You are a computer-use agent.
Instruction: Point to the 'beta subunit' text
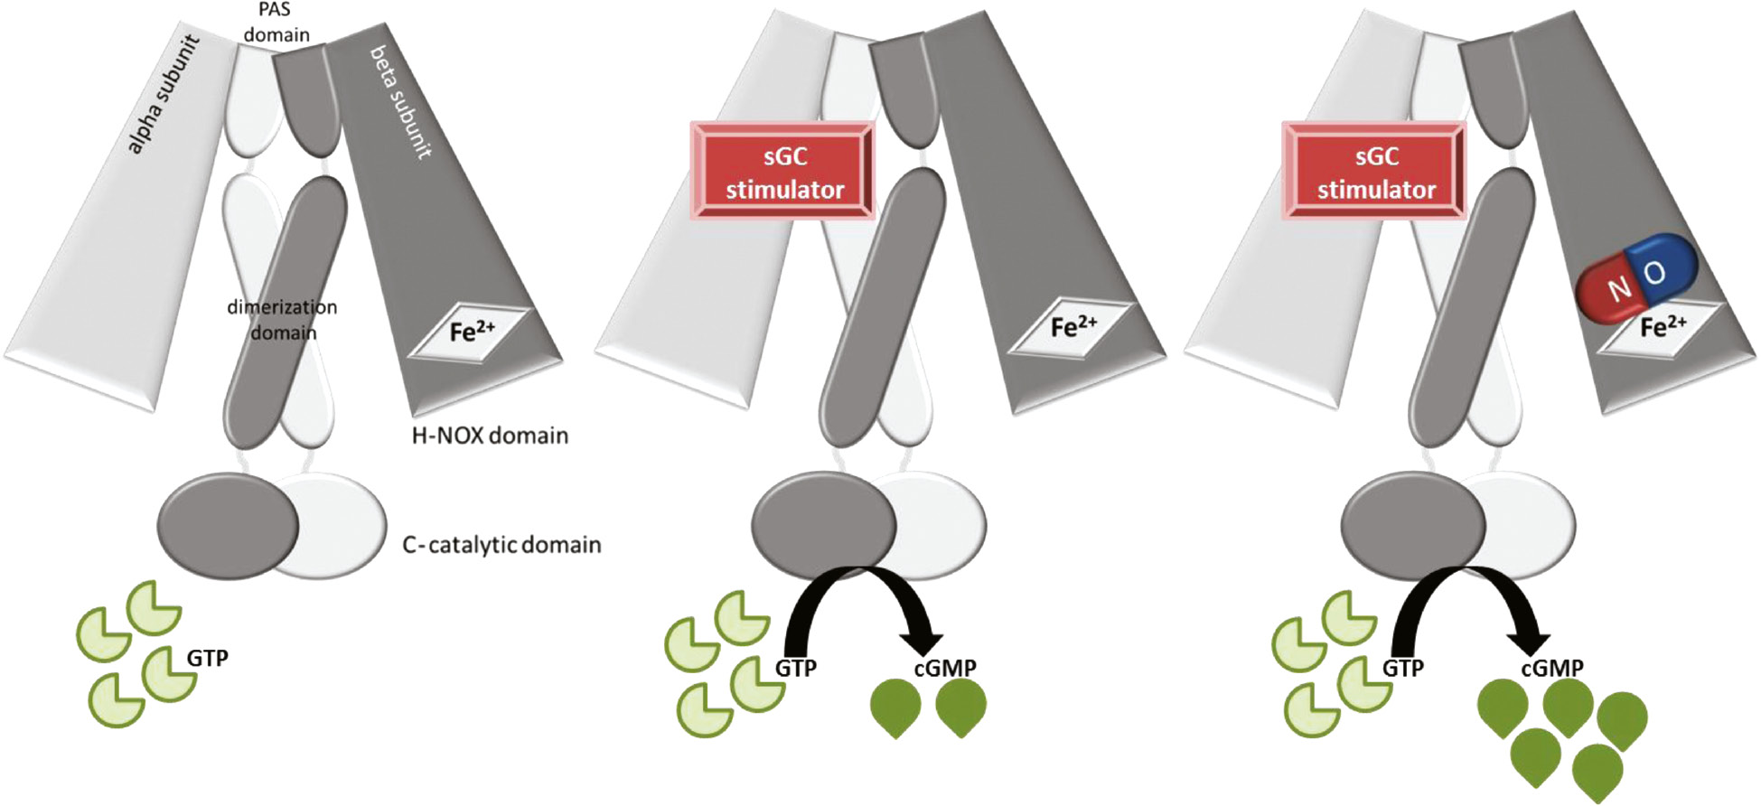tap(398, 101)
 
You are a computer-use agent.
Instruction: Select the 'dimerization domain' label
tap(282, 320)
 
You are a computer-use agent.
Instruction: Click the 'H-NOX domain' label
tap(490, 436)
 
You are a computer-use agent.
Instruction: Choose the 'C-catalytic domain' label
tap(501, 545)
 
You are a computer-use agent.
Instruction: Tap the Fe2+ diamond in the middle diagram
tap(1073, 328)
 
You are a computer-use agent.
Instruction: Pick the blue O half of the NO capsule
tap(1664, 267)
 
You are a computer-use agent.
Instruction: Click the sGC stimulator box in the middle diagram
tap(783, 172)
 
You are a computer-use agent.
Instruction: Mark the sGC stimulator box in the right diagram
tap(1374, 172)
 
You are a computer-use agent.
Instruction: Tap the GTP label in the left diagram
tap(207, 658)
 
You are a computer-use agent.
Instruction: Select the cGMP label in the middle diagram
tap(944, 669)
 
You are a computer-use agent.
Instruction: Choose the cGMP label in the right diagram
tap(1551, 669)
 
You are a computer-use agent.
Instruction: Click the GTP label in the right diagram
tap(1403, 669)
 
